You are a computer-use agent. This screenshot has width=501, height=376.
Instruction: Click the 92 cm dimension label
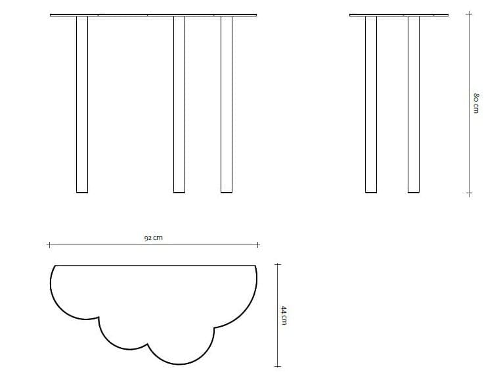point(153,238)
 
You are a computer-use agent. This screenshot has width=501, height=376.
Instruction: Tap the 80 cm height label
point(477,103)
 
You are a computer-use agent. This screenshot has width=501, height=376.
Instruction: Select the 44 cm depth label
point(285,315)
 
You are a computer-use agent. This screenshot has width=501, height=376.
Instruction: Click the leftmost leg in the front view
point(82,104)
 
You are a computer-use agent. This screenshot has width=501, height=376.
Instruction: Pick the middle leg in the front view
point(179,104)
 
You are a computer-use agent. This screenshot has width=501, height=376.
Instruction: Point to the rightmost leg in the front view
point(227,104)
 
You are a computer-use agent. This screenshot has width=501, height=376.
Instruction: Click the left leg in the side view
point(371,104)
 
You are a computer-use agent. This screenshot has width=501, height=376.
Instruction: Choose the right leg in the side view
point(414,104)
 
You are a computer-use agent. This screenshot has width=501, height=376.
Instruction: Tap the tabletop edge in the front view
point(153,14)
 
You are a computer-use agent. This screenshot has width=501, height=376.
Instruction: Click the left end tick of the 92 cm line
point(49,245)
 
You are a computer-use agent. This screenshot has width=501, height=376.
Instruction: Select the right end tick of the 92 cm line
point(258,245)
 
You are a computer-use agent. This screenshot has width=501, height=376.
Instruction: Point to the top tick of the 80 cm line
point(468,14)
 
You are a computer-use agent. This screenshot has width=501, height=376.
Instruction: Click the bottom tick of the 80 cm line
point(468,193)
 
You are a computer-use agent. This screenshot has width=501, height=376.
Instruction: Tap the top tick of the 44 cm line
point(277,265)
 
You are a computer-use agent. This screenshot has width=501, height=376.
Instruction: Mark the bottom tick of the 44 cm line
point(277,365)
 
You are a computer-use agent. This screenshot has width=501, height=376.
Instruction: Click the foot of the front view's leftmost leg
point(82,191)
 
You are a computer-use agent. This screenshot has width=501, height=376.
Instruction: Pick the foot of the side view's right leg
point(414,191)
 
